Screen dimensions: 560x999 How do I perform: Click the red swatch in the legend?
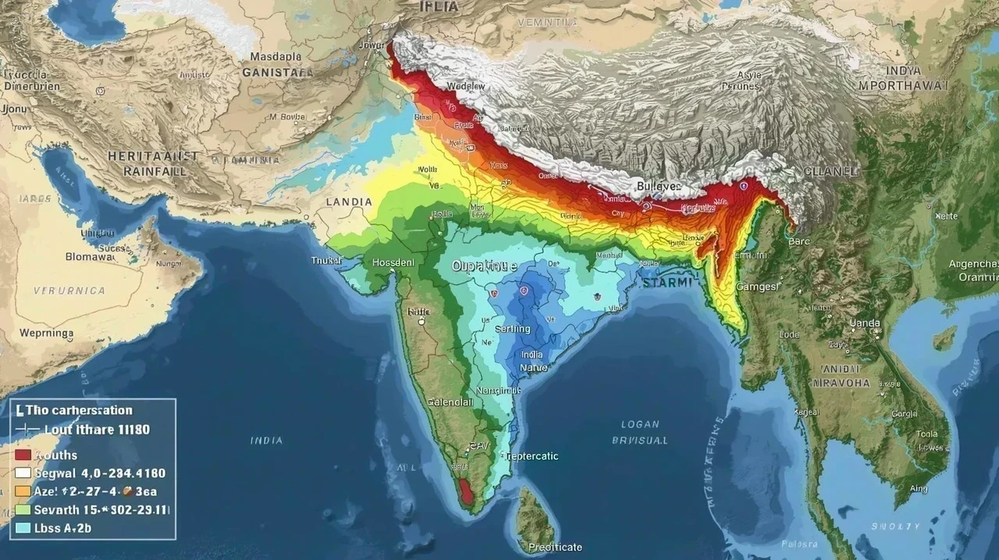click(x=23, y=455)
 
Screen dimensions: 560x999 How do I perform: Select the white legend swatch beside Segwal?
click(x=23, y=473)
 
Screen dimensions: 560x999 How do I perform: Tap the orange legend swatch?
click(x=23, y=491)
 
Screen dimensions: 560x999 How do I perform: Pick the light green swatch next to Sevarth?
click(x=23, y=509)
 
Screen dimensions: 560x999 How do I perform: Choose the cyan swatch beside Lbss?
click(x=23, y=528)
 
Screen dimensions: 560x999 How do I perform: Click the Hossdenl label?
click(x=393, y=263)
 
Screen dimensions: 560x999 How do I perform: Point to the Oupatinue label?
click(x=485, y=266)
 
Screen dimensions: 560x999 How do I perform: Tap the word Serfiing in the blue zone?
click(x=513, y=329)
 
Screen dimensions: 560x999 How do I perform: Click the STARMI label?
click(x=667, y=283)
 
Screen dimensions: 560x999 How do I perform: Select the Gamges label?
click(x=757, y=287)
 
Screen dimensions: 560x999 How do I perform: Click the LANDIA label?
click(x=349, y=202)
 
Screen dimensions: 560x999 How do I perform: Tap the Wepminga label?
click(x=47, y=333)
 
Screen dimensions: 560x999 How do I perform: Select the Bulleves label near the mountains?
click(x=659, y=187)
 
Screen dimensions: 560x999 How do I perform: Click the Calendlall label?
click(x=450, y=401)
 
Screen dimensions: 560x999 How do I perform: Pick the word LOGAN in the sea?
click(x=640, y=425)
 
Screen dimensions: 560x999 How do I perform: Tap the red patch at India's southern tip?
click(x=466, y=492)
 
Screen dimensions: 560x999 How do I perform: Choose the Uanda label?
click(x=865, y=323)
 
